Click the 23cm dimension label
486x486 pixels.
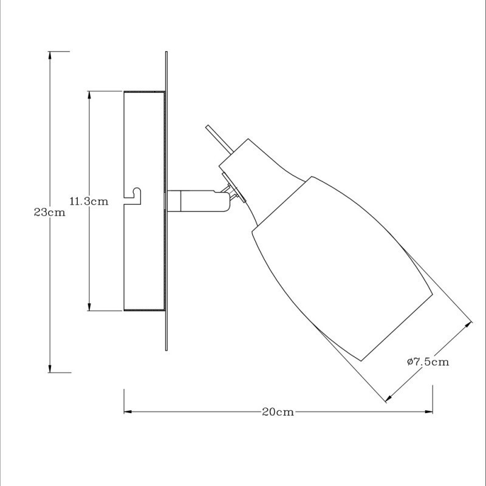point(49,213)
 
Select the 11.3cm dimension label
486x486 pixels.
point(89,201)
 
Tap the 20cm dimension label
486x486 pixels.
point(278,412)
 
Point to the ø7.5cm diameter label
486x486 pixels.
point(428,362)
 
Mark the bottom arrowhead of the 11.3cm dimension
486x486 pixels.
point(89,307)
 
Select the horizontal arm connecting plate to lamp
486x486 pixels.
point(194,201)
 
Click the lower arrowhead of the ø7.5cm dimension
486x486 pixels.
point(388,399)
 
